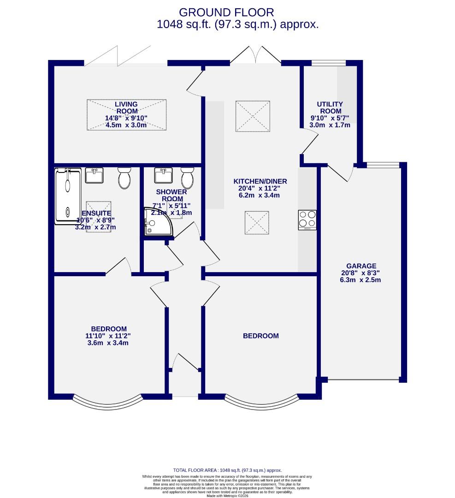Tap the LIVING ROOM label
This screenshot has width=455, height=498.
click(126, 107)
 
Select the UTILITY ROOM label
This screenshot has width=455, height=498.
click(331, 107)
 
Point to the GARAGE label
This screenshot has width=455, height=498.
click(361, 266)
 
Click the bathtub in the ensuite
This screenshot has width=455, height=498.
click(68, 196)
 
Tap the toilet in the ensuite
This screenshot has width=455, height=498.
click(124, 178)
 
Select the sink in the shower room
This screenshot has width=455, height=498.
click(162, 176)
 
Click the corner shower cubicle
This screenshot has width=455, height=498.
click(157, 223)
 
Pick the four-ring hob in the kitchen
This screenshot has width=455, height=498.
click(307, 219)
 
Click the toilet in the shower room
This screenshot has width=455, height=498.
click(187, 178)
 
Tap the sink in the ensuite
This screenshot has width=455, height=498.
click(96, 176)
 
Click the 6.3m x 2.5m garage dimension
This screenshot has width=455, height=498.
click(361, 280)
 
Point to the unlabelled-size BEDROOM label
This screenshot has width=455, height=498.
click(261, 336)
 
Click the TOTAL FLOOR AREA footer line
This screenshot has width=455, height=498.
click(227, 470)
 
